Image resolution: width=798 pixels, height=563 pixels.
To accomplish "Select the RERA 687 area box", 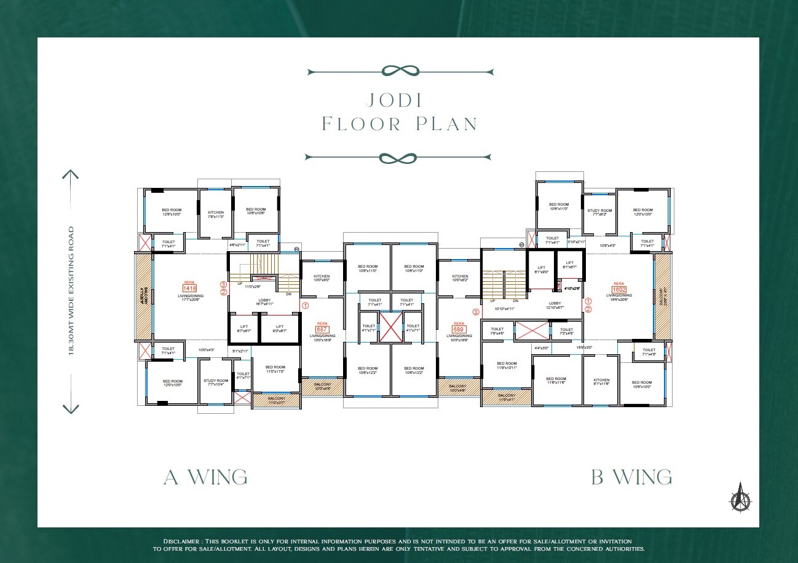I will point(322,329).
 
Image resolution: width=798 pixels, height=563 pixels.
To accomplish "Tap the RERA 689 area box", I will point(459,329).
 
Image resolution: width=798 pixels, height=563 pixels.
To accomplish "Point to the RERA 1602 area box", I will point(618,289).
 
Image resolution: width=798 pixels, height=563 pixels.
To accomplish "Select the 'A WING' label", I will point(205,477).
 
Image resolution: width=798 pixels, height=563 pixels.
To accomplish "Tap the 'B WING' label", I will point(631,477).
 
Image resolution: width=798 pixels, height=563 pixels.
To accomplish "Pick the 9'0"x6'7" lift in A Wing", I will point(279,328).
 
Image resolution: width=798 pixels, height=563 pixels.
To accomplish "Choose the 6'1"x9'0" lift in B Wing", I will point(541,270).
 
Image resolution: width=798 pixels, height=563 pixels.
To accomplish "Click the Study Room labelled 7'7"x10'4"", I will point(216,382).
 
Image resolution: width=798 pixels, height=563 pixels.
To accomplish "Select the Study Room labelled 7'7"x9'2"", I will point(599,212).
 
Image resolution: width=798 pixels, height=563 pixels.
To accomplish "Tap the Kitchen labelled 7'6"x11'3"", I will point(215,214).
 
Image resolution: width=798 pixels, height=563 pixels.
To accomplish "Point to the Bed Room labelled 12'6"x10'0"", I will point(172,212).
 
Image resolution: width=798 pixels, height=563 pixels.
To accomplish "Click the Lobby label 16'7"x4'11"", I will point(264,301).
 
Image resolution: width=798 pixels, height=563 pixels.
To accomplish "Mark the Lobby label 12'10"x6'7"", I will point(555,305).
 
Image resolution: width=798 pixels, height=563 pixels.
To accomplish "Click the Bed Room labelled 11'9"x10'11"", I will point(507,365).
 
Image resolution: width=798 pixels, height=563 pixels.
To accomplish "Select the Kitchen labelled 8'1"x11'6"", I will point(601,382).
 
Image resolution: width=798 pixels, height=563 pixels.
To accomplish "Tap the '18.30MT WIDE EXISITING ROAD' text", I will point(71,291).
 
